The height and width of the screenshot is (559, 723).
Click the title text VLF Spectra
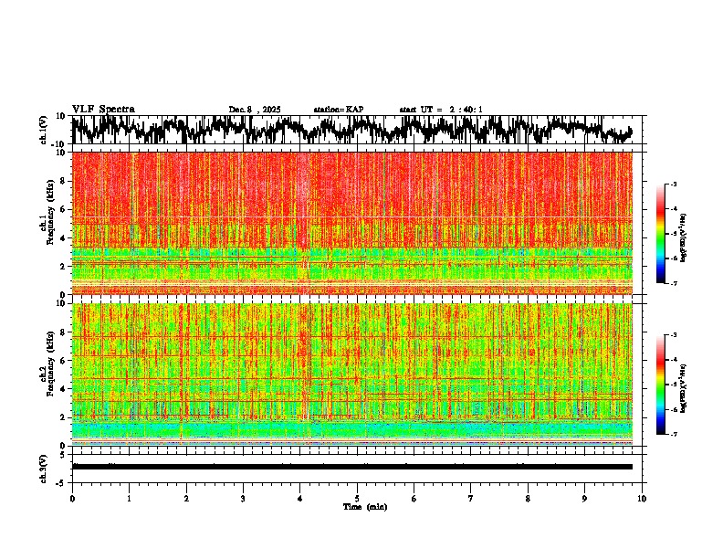click(x=103, y=110)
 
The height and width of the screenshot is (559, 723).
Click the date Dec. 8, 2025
click(x=255, y=110)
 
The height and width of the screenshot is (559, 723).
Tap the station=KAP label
click(x=338, y=110)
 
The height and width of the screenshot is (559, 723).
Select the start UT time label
click(x=441, y=110)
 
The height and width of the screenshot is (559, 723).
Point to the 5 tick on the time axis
click(x=357, y=498)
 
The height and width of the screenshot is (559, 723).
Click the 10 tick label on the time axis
click(x=642, y=498)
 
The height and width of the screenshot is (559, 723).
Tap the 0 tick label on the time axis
click(x=72, y=498)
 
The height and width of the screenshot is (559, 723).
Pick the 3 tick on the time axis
click(x=243, y=498)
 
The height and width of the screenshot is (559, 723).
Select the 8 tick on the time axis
click(x=528, y=498)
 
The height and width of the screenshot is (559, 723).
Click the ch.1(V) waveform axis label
click(x=44, y=130)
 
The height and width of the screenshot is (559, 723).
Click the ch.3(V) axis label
click(x=44, y=467)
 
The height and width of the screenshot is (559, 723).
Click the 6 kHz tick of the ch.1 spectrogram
click(x=65, y=209)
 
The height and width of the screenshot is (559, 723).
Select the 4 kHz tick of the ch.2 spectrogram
click(x=65, y=388)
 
